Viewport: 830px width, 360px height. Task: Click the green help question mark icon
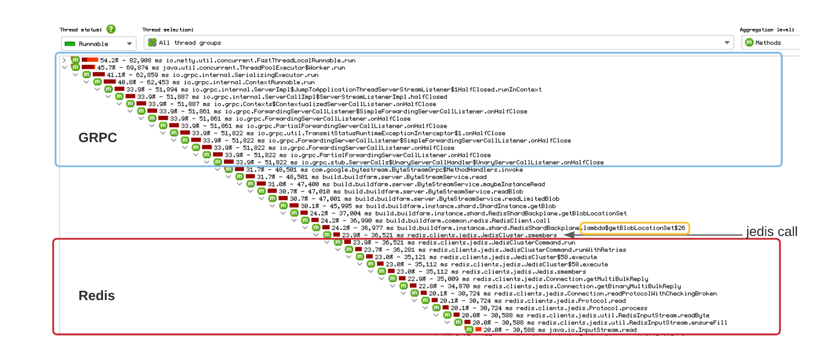pyautogui.click(x=111, y=29)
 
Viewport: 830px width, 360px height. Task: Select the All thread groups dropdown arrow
pyautogui.click(x=727, y=43)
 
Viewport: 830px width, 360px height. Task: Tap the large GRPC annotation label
pyautogui.click(x=97, y=138)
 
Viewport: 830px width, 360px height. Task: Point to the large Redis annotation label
pyautogui.click(x=97, y=296)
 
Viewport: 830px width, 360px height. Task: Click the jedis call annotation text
pyautogui.click(x=771, y=231)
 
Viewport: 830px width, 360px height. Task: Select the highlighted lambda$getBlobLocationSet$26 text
pyautogui.click(x=634, y=228)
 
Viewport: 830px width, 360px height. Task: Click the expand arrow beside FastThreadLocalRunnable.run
pyautogui.click(x=64, y=60)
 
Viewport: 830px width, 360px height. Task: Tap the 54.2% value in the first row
pyautogui.click(x=109, y=60)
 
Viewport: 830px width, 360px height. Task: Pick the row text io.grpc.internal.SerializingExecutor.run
pyautogui.click(x=245, y=75)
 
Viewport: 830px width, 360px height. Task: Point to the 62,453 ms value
pyautogui.click(x=158, y=82)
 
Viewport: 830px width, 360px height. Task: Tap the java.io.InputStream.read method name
pyautogui.click(x=593, y=330)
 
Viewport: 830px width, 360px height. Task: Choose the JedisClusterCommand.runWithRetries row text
pyautogui.click(x=528, y=250)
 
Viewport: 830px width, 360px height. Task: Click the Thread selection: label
pyautogui.click(x=168, y=30)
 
